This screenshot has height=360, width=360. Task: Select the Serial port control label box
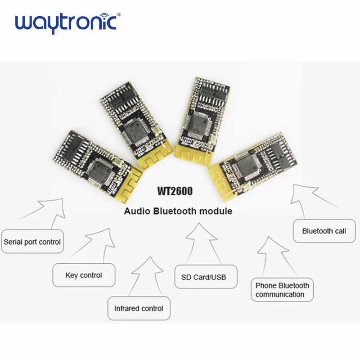coord(32,242)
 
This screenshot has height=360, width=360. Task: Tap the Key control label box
coord(84,275)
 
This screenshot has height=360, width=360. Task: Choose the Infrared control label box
coord(139,308)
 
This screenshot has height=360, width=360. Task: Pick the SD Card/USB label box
coord(203,277)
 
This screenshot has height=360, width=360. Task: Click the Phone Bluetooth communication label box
coord(282,290)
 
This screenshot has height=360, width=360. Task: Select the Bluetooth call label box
coord(324,231)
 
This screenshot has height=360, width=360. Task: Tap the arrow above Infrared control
coord(148,274)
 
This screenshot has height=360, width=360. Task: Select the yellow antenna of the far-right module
coord(220,173)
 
